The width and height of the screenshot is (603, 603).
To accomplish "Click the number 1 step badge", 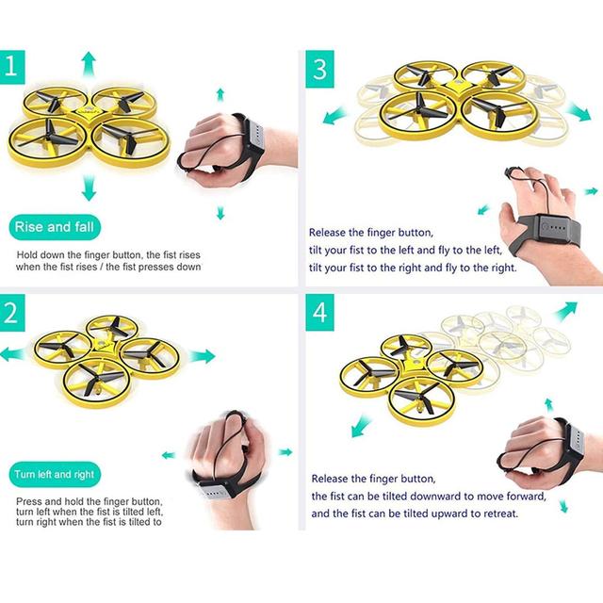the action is point(12,67).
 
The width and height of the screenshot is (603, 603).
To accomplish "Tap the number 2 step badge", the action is point(12,313).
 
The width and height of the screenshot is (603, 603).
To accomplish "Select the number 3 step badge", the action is point(319,69).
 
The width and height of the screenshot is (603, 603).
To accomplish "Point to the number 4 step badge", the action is point(319,313).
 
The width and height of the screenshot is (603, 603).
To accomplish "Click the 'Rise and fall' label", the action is point(55,227).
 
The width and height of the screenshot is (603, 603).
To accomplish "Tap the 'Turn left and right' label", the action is point(55,474).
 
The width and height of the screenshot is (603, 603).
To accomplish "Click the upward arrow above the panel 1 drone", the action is point(89,64).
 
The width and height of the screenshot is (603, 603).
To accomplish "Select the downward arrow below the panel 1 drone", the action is point(89,187).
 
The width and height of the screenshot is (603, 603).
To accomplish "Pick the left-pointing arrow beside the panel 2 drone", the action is point(13,354).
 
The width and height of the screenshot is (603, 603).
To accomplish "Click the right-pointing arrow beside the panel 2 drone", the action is point(202,356).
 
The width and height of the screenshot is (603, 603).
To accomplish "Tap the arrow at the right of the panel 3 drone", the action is point(579,111).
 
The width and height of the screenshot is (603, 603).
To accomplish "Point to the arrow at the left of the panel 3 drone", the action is point(334,116).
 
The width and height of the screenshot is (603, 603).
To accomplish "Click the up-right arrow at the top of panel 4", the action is point(565,312).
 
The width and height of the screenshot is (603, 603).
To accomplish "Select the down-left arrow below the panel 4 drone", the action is point(361,427).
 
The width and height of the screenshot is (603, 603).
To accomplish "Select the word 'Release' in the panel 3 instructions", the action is point(327,233).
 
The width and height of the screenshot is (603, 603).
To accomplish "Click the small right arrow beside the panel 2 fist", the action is point(285,452).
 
